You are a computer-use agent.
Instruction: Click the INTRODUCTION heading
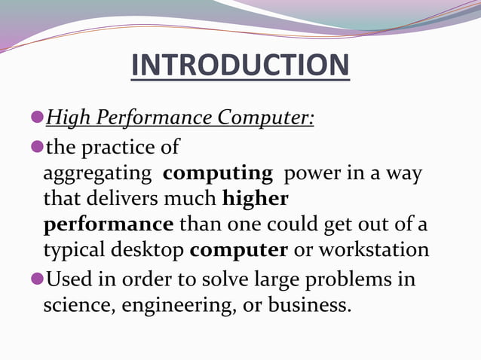pos(240,66)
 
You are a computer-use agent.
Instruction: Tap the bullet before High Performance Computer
pos(37,117)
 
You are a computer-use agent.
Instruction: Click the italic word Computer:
pos(265,119)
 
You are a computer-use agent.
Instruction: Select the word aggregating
pos(97,173)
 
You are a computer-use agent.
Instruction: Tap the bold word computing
pos(218,173)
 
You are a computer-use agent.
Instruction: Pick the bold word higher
pos(256,199)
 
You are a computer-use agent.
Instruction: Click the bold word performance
pos(109,225)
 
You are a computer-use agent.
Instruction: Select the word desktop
pos(148,251)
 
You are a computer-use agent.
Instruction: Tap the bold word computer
pos(239,251)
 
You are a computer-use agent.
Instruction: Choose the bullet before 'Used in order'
pos(37,279)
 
